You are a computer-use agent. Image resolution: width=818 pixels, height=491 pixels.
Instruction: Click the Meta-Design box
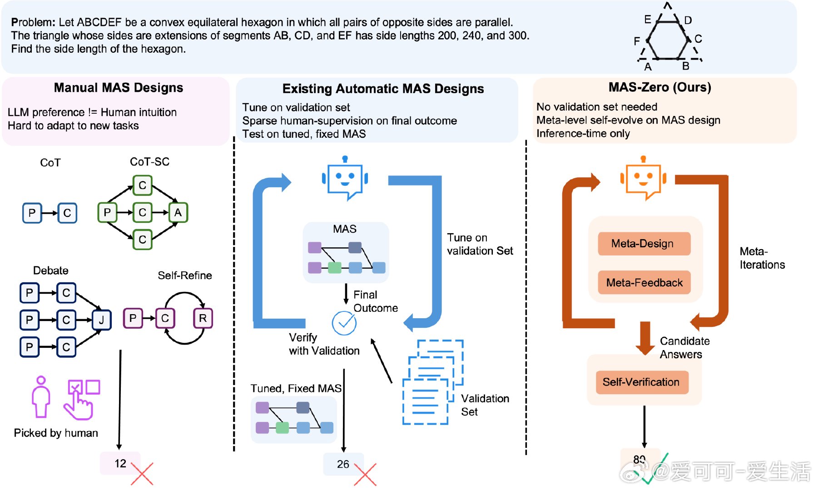tap(644, 244)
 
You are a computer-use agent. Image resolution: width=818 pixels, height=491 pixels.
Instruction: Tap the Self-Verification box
tap(641, 382)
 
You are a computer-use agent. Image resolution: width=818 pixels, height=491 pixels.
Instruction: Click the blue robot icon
tap(345, 178)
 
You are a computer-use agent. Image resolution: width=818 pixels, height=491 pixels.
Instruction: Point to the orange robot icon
tap(643, 178)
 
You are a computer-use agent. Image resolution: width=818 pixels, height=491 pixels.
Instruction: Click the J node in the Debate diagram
tap(101, 320)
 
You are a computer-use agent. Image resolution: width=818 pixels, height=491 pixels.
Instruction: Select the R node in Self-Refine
tap(203, 318)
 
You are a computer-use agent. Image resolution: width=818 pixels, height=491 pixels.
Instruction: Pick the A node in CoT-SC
tap(178, 212)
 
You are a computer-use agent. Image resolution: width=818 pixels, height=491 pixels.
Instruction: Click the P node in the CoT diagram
tap(32, 213)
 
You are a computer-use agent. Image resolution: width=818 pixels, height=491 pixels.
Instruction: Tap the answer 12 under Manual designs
tap(120, 463)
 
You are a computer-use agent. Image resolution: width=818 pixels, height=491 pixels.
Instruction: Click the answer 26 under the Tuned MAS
tap(343, 464)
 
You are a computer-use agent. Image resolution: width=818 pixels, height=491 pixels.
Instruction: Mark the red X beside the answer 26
tap(365, 474)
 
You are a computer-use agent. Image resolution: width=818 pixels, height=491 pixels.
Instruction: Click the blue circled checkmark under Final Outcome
tap(344, 323)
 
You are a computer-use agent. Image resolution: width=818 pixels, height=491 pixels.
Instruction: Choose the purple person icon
tap(41, 396)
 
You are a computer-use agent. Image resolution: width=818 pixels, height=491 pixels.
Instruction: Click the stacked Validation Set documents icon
tap(432, 382)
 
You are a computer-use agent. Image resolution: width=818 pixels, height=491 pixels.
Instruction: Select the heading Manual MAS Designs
tap(119, 88)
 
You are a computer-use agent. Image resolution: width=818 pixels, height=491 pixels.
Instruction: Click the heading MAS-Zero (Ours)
tap(659, 87)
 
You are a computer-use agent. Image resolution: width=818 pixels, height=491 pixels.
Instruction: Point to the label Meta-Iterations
tap(762, 258)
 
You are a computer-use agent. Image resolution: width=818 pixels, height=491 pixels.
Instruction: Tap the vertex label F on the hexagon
tap(637, 41)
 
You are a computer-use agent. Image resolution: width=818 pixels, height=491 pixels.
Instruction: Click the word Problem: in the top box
tap(33, 22)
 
